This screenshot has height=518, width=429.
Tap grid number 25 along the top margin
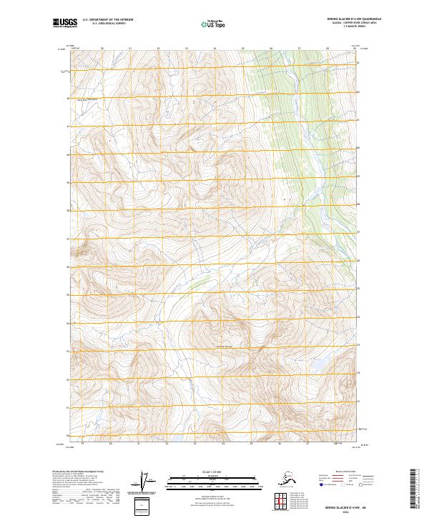click(243, 49)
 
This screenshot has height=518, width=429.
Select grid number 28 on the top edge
click(327, 49)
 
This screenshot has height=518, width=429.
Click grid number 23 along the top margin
click(187, 49)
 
